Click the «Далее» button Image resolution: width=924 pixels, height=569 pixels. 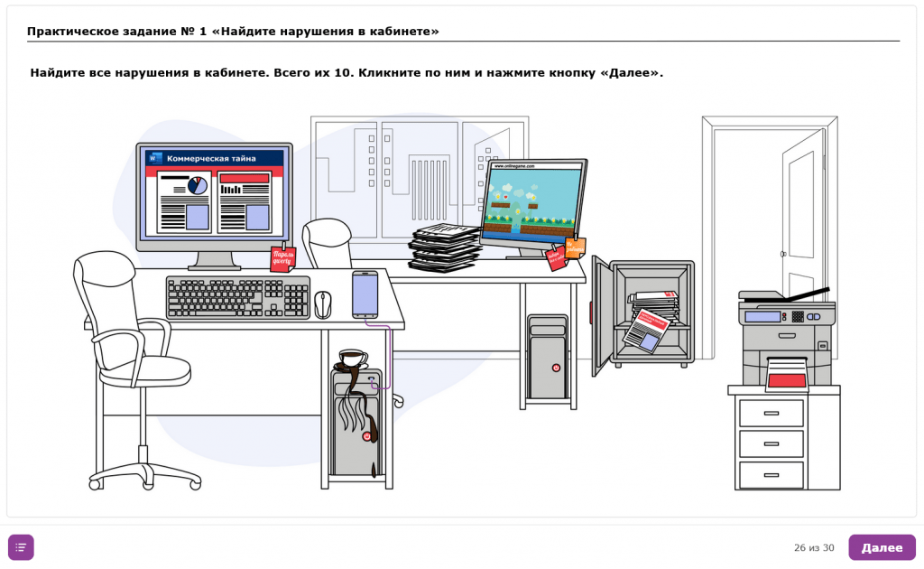pos(882,547)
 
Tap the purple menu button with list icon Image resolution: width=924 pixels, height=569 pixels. pos(21,547)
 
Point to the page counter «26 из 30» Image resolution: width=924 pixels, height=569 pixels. pos(814,548)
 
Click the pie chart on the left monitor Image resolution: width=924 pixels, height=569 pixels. pos(198,185)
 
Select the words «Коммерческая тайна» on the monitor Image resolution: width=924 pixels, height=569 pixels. pos(211,158)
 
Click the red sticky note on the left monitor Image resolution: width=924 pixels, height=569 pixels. pos(282,259)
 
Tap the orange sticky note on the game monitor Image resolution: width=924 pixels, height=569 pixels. pos(575,247)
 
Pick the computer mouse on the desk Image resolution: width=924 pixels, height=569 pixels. pos(323,303)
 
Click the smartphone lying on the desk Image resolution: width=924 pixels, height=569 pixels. pos(365,294)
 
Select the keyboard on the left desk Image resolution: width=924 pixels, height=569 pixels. pos(237,297)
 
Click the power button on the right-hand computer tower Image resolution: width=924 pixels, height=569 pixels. pos(556,368)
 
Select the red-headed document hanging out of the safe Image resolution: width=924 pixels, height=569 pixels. pos(645,329)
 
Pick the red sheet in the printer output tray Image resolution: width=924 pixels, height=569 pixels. pos(786,380)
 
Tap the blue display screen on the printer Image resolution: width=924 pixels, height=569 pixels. pos(762,316)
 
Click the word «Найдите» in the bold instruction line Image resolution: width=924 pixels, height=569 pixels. pos(58,72)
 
